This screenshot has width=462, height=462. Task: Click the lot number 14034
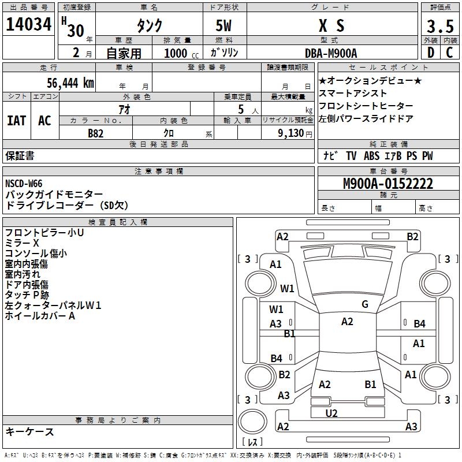(29, 25)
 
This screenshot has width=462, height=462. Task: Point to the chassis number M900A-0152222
(388, 184)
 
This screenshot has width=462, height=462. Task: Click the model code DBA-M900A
(331, 53)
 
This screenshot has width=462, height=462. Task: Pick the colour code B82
(96, 133)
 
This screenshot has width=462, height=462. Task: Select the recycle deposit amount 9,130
(292, 133)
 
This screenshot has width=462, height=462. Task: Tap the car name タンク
(149, 26)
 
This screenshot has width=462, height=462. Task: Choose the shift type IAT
(16, 121)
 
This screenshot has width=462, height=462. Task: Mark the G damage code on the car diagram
(364, 304)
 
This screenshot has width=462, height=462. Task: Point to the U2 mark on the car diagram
(331, 413)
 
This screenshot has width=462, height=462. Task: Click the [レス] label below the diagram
(252, 442)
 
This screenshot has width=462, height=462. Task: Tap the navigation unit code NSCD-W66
(24, 184)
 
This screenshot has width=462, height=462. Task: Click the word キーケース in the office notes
(29, 431)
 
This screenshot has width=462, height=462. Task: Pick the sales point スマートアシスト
(353, 94)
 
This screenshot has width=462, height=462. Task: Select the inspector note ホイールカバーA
(40, 316)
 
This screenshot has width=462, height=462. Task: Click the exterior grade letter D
(430, 53)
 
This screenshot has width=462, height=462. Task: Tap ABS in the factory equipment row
(371, 156)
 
